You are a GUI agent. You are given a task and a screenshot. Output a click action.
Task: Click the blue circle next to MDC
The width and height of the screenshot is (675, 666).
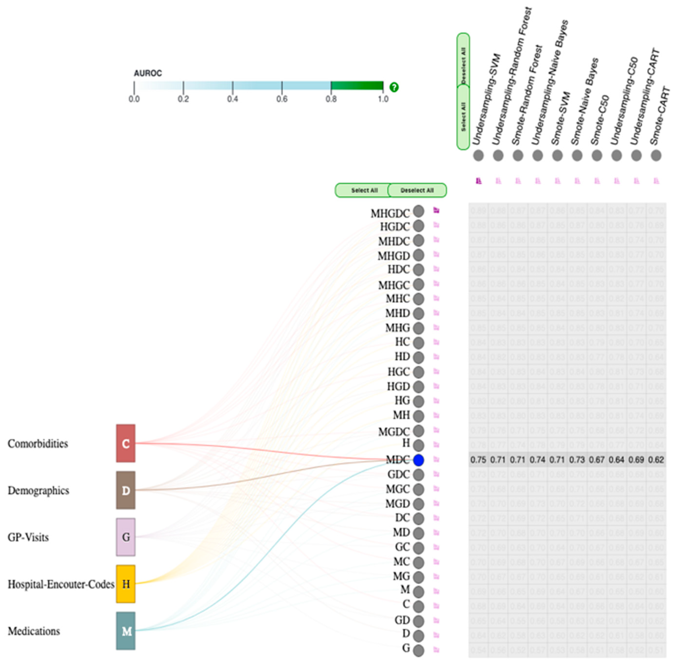(418, 460)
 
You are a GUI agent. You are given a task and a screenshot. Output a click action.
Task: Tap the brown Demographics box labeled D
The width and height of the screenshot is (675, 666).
(126, 490)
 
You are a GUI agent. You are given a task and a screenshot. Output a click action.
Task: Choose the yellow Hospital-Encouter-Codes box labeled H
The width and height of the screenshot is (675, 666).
(126, 584)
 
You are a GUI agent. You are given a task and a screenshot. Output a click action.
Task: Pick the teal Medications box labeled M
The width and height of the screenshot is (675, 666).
(126, 631)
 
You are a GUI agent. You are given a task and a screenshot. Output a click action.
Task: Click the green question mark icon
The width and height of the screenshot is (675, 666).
(394, 87)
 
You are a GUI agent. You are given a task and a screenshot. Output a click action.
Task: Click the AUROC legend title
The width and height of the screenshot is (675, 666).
(148, 73)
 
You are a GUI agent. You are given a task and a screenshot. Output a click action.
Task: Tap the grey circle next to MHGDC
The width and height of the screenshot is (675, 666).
(418, 211)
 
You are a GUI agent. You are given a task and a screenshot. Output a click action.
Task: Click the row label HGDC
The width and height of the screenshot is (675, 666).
(394, 227)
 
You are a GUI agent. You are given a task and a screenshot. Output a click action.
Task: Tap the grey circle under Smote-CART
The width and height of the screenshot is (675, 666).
(656, 155)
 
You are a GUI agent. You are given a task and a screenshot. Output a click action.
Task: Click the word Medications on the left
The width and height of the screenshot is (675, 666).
(34, 631)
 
